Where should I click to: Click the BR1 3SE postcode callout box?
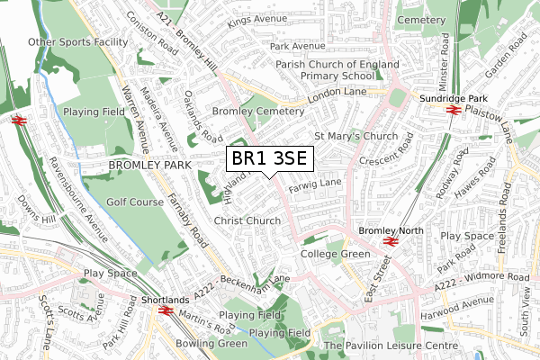pyautogui.click(x=269, y=158)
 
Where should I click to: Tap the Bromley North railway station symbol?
pyautogui.click(x=391, y=241)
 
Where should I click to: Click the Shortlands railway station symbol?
pyautogui.click(x=165, y=310)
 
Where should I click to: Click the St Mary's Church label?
pyautogui.click(x=355, y=137)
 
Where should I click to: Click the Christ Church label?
pyautogui.click(x=247, y=220)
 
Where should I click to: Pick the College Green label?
pyautogui.click(x=335, y=255)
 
